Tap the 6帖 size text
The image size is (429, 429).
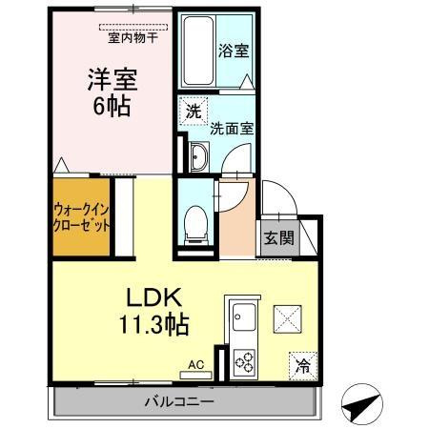tap(104, 106)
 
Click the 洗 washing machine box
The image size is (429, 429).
tap(194, 111)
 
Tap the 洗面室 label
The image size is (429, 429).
tap(232, 128)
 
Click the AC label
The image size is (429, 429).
tap(196, 364)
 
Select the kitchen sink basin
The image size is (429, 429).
tap(242, 317)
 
